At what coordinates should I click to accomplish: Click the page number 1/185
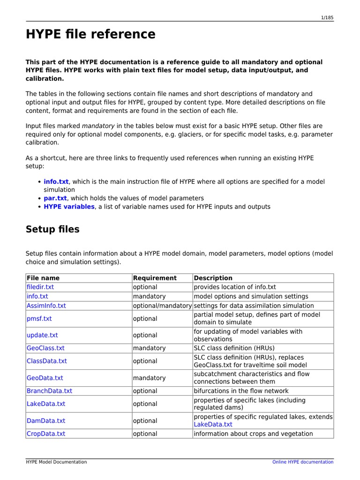pos(327,17)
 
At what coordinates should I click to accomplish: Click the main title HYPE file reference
pos(90,34)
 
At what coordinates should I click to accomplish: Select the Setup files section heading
pos(52,229)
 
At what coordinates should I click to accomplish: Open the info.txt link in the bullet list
pos(56,181)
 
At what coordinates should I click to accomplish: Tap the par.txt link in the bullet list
pos(55,198)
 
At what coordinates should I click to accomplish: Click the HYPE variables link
pos(69,207)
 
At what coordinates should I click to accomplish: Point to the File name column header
pos(43,278)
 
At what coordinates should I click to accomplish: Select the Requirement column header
pos(155,278)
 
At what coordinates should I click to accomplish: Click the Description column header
pos(213,278)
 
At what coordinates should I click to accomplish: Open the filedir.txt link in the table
pos(40,287)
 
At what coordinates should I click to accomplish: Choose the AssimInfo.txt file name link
pos(46,306)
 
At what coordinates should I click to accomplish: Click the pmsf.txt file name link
pos(39,319)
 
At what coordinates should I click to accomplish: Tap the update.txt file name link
pos(42,335)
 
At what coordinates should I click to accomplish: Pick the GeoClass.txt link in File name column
pos(45,348)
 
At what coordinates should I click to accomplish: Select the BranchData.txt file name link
pos(50,391)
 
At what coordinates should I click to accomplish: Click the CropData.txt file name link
pos(46,434)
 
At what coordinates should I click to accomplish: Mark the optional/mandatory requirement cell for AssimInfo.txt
pos(162,306)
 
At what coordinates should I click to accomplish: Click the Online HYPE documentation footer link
pos(303,462)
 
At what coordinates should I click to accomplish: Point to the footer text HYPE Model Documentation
pos(56,462)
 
